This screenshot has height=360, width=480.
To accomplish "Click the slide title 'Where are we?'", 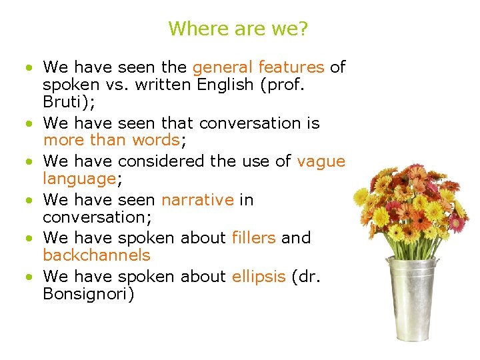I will point(238,29).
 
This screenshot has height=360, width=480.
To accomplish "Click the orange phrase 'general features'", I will point(258,67).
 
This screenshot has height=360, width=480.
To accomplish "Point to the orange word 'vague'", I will point(321,161).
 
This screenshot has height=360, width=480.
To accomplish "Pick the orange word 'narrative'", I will point(197,199).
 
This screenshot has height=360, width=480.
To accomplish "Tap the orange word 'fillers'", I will point(253,238).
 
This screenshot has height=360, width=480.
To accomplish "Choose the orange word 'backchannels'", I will point(97,255).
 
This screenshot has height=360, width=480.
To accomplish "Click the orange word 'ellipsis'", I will point(259,276).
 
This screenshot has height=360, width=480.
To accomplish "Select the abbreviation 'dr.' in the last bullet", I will point(309,276).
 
